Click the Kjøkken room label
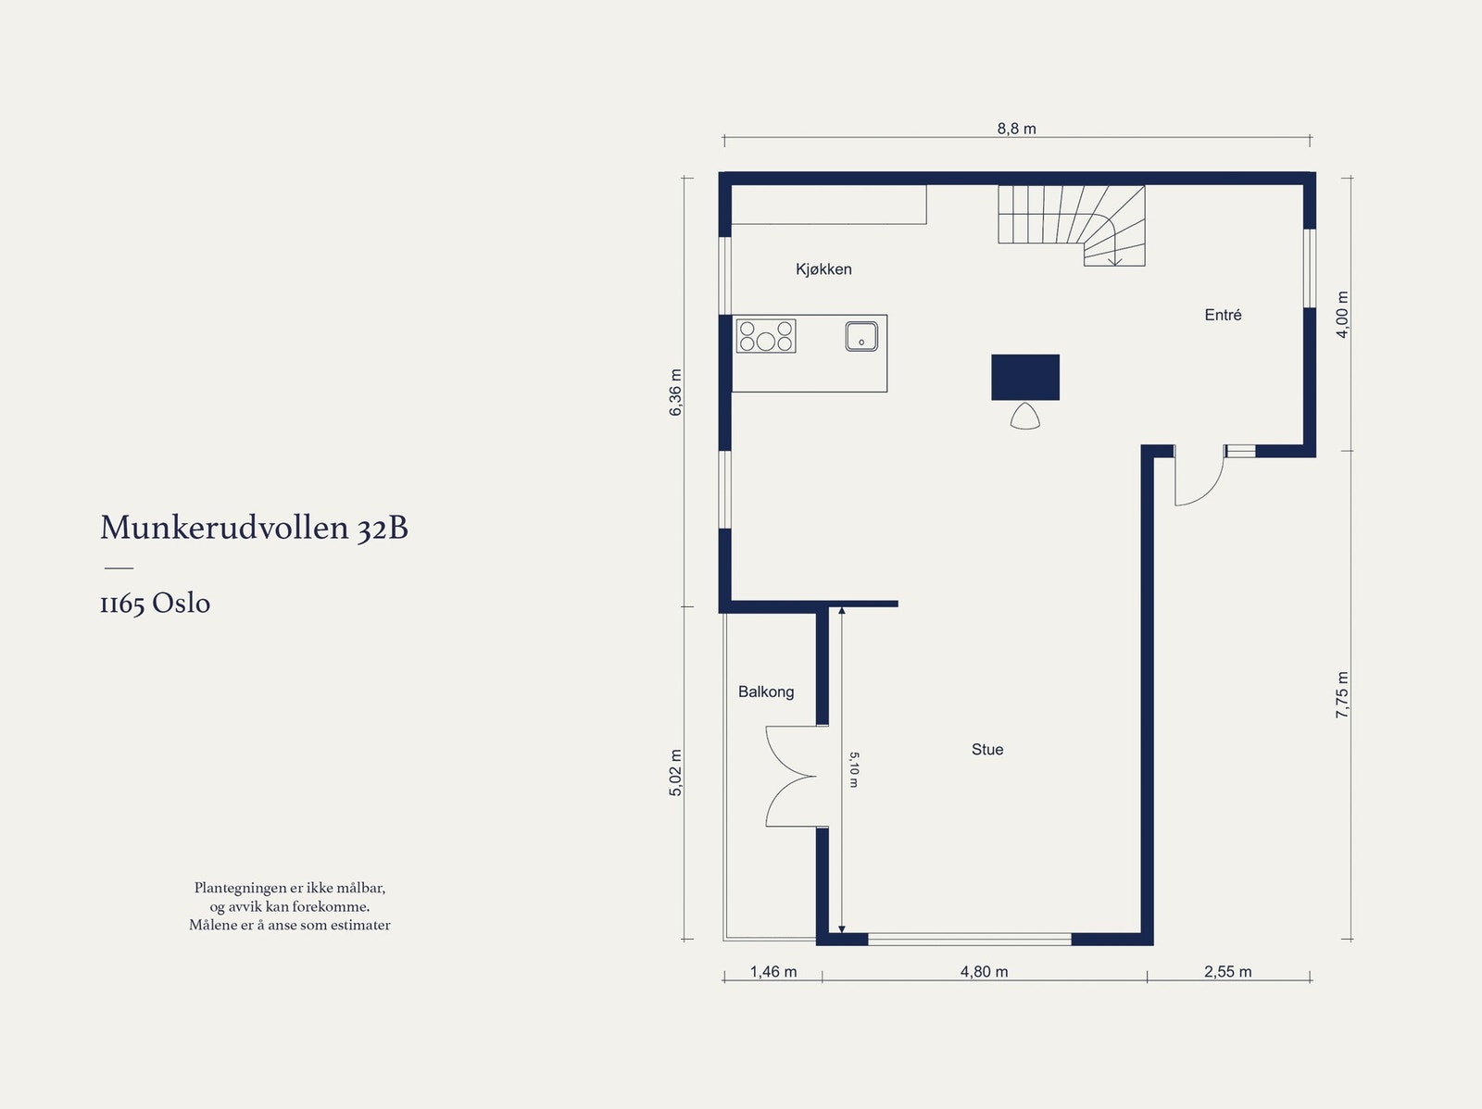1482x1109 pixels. pos(823,269)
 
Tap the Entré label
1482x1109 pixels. pos(1223,315)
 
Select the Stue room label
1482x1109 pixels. pos(987,750)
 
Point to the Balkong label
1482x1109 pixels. pos(766,692)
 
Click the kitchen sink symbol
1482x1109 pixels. pos(861,336)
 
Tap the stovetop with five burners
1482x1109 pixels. pos(765,336)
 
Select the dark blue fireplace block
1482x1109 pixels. pos(1025,377)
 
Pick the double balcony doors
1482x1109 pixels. pos(790,776)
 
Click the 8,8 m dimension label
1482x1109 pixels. pos(1016,129)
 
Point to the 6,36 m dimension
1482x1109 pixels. pos(676,393)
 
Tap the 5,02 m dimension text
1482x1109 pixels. pos(676,773)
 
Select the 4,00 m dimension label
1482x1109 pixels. pos(1343,315)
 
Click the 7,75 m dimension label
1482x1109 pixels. pos(1343,695)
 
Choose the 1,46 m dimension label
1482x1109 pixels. pos(773,972)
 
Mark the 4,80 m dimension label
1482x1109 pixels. pos(984,972)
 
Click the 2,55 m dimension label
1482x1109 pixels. pos(1227,972)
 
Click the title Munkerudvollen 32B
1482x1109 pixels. pos(254,528)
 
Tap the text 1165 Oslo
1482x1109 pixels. pos(155,604)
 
